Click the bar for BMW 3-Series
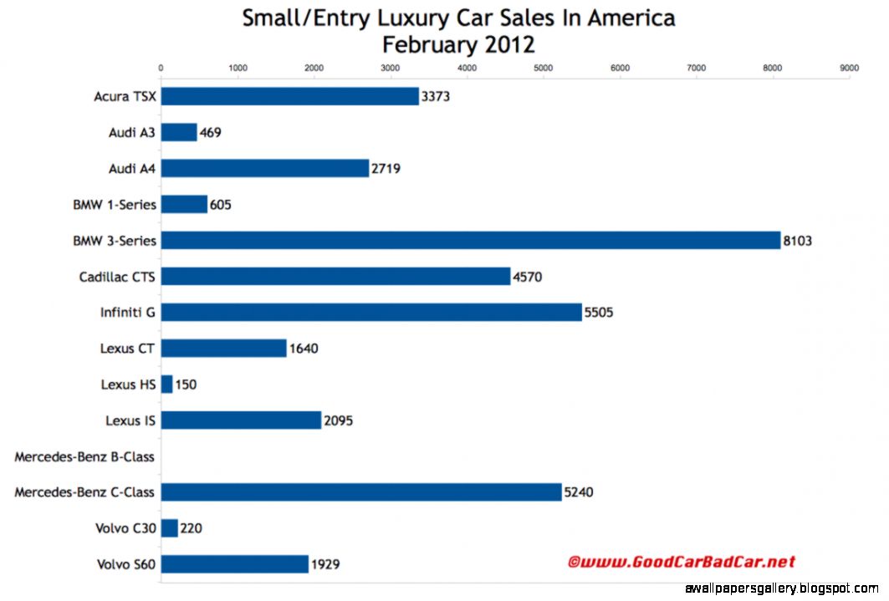[x=470, y=241]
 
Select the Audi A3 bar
[x=179, y=132]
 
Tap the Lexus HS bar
[x=166, y=385]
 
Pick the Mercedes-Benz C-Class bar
[x=361, y=492]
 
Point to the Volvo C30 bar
[x=169, y=528]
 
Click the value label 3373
[x=436, y=97]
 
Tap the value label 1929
[x=325, y=565]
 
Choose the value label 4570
[x=527, y=277]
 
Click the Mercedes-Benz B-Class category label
[x=84, y=456]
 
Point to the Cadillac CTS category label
[x=117, y=277]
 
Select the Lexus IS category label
[x=130, y=420]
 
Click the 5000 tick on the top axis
[x=544, y=68]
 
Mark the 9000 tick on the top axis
[x=849, y=68]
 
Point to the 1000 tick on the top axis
[x=238, y=68]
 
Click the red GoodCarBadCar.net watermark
[x=682, y=563]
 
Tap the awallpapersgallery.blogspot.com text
[x=782, y=589]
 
